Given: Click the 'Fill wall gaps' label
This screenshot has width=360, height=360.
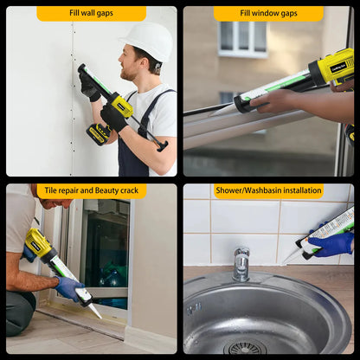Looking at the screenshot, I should (91, 14).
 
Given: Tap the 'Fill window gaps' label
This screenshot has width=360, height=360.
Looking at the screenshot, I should (268, 14).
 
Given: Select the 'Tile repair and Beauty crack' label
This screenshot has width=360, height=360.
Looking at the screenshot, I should (91, 191).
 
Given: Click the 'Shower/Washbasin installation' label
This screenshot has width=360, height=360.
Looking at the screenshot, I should (268, 191).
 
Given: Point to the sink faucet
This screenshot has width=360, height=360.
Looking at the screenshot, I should (241, 263).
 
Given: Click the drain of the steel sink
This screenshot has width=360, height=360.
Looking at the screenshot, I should (244, 347).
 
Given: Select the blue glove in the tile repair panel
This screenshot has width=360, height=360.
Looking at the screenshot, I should (68, 286).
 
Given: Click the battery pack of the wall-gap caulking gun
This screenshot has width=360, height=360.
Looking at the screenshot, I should (98, 133).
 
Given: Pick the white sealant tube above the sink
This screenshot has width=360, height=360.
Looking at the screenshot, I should (325, 229).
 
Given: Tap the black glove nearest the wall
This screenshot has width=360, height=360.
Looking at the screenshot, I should (89, 85).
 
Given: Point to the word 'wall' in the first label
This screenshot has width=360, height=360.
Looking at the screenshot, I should (93, 14).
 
